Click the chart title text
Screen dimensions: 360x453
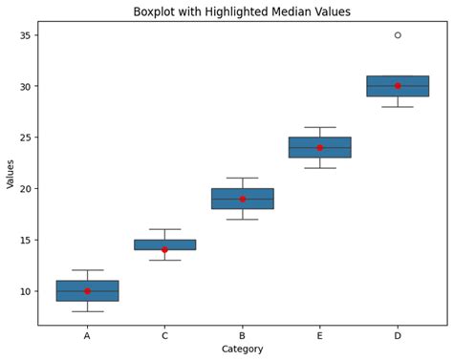[x=243, y=11]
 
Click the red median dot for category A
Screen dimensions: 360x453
[x=87, y=291]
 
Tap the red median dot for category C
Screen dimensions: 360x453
[x=164, y=250]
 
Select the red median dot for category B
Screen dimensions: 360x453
[x=243, y=199]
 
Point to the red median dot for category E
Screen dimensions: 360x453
[x=320, y=148]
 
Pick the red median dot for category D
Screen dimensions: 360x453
[x=398, y=86]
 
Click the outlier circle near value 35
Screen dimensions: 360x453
[x=398, y=35]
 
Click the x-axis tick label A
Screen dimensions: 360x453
[x=87, y=335]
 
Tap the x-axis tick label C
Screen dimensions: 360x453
[x=164, y=335]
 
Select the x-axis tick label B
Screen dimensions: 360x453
[x=243, y=335]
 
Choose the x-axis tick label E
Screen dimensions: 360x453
[x=320, y=335]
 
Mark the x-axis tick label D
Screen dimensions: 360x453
[x=398, y=335]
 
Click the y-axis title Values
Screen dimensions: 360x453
[x=11, y=173]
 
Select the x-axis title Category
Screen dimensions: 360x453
[x=243, y=349]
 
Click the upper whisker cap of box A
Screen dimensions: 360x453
[x=87, y=270]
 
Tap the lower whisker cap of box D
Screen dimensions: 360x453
[x=398, y=107]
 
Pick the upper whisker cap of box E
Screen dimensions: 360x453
[x=320, y=127]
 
